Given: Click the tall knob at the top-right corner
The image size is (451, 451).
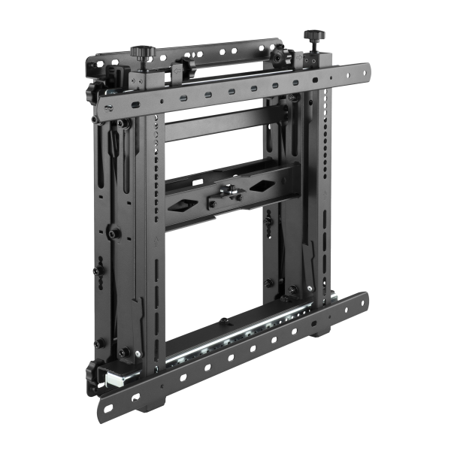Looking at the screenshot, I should point(311,37).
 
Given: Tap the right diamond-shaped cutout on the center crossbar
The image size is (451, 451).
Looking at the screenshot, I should point(265,185).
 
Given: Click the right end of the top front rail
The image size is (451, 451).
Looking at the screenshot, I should point(367,71).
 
